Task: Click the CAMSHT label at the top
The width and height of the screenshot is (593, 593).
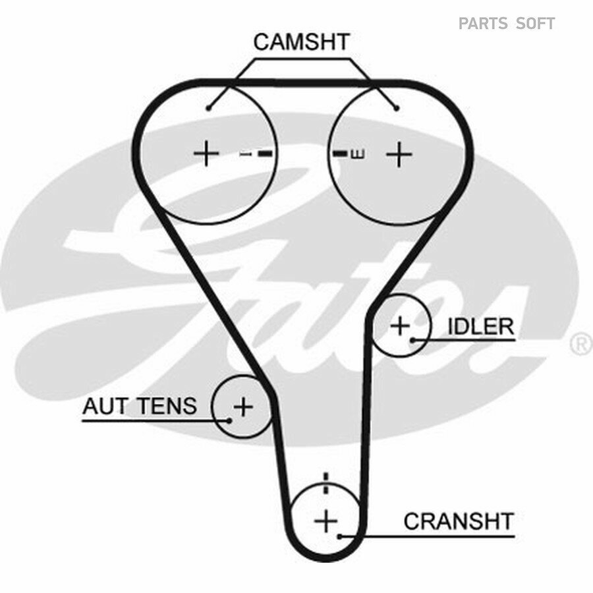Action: pyautogui.click(x=301, y=42)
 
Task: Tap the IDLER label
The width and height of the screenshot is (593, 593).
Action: pyautogui.click(x=481, y=326)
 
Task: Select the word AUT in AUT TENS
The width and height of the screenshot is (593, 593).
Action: pyautogui.click(x=105, y=406)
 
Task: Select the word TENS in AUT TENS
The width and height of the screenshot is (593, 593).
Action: pyautogui.click(x=167, y=406)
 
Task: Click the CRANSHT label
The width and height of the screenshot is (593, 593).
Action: pyautogui.click(x=459, y=521)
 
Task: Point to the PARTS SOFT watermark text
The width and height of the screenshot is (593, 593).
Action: pyautogui.click(x=507, y=24)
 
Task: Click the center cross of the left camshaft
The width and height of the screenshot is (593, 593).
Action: pyautogui.click(x=206, y=153)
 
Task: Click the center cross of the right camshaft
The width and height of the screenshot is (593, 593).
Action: pyautogui.click(x=399, y=154)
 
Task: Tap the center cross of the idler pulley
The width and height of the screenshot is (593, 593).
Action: pyautogui.click(x=400, y=325)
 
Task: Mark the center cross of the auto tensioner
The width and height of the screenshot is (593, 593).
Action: pyautogui.click(x=243, y=407)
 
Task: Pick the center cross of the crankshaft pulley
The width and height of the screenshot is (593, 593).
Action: pyautogui.click(x=326, y=521)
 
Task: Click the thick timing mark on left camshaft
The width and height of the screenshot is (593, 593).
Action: pyautogui.click(x=265, y=154)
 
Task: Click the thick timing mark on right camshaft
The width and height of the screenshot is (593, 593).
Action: pyautogui.click(x=340, y=154)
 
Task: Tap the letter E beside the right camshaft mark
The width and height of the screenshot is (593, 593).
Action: pyautogui.click(x=358, y=154)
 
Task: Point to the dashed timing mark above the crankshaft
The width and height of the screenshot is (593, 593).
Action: pyautogui.click(x=326, y=483)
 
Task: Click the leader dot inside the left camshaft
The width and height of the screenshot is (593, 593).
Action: pyautogui.click(x=208, y=109)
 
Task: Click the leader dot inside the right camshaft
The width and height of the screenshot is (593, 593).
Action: pyautogui.click(x=397, y=109)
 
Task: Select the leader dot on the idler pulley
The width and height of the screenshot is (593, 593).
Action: pyautogui.click(x=413, y=341)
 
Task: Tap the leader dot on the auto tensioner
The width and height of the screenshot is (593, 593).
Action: pyautogui.click(x=229, y=420)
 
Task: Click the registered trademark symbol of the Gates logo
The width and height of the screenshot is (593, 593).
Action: pyautogui.click(x=582, y=344)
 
